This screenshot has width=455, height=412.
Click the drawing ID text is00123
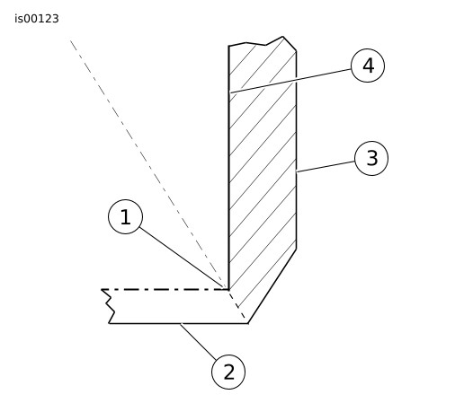pos(37,19)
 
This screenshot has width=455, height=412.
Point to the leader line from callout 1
pos(182,258)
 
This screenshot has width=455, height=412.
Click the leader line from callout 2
pos(198,341)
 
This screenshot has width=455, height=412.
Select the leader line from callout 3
pos(326,167)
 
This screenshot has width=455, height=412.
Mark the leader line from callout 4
pos(290,81)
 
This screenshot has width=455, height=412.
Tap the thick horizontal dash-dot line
pos(165,289)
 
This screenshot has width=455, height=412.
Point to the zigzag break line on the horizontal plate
pos(108,306)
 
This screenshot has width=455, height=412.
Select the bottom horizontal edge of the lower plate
pos(178,323)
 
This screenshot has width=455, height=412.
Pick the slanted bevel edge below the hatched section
pos(272,286)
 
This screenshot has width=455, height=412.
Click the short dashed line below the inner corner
pos(237,304)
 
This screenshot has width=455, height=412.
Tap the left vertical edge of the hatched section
pos(228,168)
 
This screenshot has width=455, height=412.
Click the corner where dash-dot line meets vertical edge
pos(228,289)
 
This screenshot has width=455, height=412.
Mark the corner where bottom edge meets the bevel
pos(248,323)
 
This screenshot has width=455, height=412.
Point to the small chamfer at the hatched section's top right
pos(290,44)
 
